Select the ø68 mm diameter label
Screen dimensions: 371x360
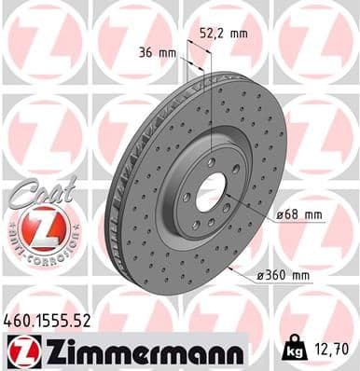pyautogui.click(x=299, y=215)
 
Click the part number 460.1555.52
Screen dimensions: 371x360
pyautogui.click(x=47, y=319)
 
